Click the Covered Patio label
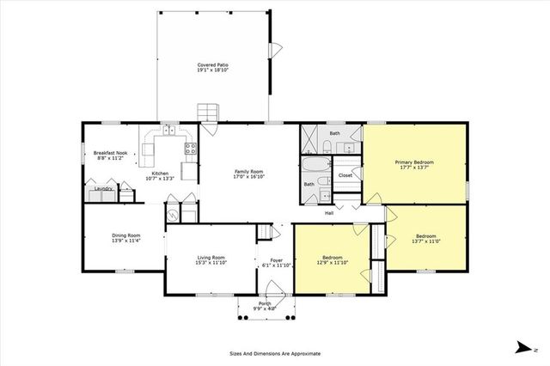pyautogui.click(x=213, y=65)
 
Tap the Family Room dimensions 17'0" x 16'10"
pyautogui.click(x=248, y=177)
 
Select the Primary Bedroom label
pyautogui.click(x=414, y=162)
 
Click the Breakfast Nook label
pyautogui.click(x=110, y=153)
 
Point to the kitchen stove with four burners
pyautogui.click(x=190, y=147)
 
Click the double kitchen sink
pyautogui.click(x=170, y=131)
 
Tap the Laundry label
pyautogui.click(x=104, y=188)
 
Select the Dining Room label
pyautogui.click(x=126, y=235)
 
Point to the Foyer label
pyautogui.click(x=276, y=260)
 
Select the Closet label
pyautogui.click(x=345, y=175)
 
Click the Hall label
pyautogui.click(x=330, y=214)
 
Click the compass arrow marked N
pyautogui.click(x=522, y=346)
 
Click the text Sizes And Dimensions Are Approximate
pyautogui.click(x=274, y=353)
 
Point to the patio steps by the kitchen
pyautogui.click(x=207, y=113)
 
